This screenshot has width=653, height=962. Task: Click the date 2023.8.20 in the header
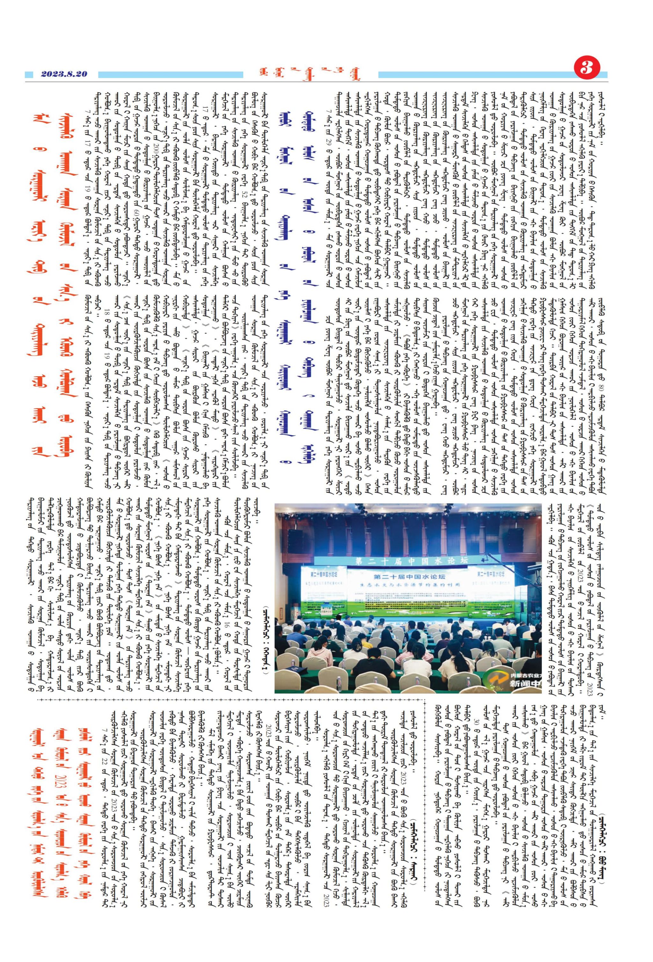(x=64, y=74)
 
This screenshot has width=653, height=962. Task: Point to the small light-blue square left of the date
(x=29, y=75)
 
